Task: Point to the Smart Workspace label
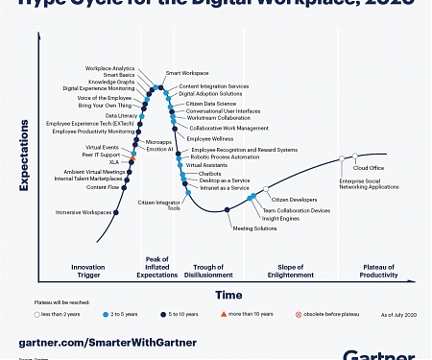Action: coord(187,73)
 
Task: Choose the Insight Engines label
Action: coord(281,218)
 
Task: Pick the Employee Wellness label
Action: coord(210,139)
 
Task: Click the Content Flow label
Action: coord(103,187)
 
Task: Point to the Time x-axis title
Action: coord(228,295)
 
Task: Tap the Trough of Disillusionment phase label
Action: coord(207,270)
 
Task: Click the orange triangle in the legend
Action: coord(222,314)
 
